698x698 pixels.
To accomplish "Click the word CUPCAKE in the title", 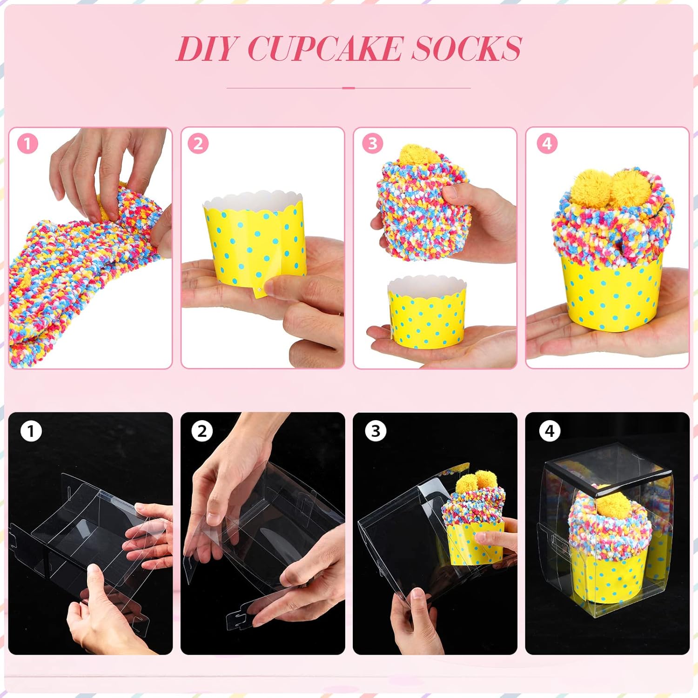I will click(x=324, y=48).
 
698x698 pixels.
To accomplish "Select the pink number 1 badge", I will click(x=27, y=144).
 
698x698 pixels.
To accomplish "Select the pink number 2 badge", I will click(x=198, y=144).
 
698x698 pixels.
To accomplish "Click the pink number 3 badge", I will click(x=372, y=144).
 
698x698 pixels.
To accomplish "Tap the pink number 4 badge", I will click(x=547, y=144).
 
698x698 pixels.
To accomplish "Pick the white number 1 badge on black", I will click(x=31, y=431).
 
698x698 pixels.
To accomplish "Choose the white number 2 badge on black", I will click(x=201, y=431).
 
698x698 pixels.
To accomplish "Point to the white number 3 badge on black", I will click(x=375, y=431).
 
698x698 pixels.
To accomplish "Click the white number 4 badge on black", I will click(x=550, y=431).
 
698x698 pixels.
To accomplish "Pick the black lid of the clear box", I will click(x=610, y=470).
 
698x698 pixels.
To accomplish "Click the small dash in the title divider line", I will click(x=348, y=87).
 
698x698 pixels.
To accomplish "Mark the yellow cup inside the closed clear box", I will click(x=610, y=577).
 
